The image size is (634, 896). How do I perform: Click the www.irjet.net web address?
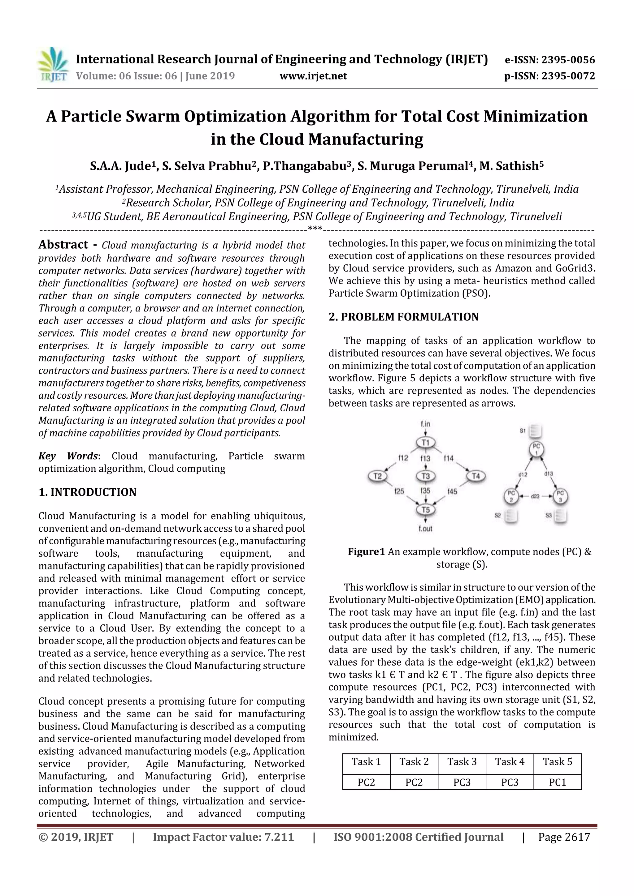(x=313, y=76)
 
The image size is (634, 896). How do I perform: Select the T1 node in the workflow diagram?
(x=425, y=442)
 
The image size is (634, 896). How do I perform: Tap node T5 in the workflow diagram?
(x=425, y=510)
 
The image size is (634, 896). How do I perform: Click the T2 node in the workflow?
(x=377, y=476)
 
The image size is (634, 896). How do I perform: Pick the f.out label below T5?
(x=425, y=529)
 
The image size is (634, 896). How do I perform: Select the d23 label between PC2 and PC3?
(x=535, y=496)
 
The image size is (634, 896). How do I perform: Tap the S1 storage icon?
(x=536, y=431)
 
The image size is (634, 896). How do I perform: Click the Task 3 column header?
(x=462, y=761)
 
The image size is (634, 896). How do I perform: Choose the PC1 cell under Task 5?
(x=558, y=782)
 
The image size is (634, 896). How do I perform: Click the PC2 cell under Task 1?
(x=366, y=782)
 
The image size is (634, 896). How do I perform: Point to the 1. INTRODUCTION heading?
(x=88, y=492)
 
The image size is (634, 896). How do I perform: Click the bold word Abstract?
(x=63, y=245)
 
